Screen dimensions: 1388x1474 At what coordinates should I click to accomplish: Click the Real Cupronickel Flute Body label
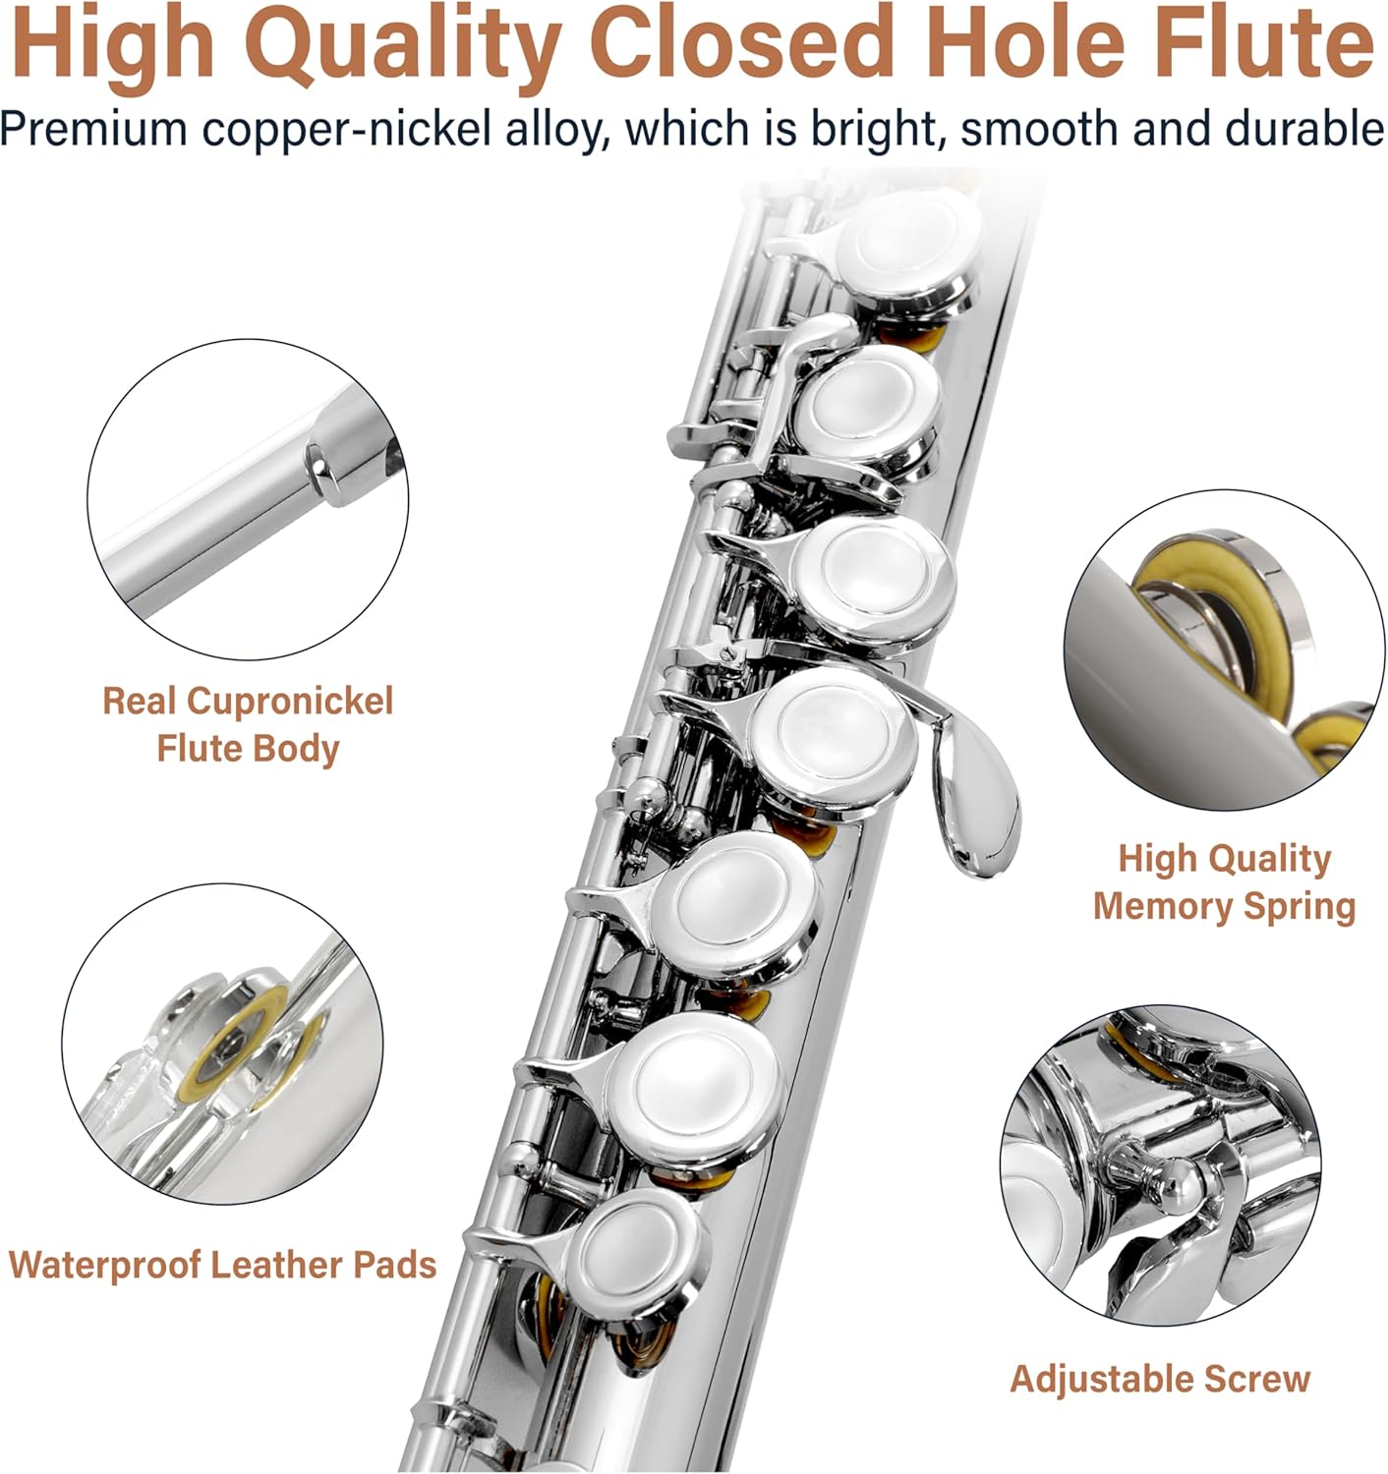[x=248, y=724]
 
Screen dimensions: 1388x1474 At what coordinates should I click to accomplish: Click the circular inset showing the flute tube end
[x=248, y=499]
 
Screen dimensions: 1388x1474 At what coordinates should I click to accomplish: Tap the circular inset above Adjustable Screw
[x=1160, y=1165]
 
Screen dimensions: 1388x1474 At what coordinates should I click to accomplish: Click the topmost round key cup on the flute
[x=907, y=249]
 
